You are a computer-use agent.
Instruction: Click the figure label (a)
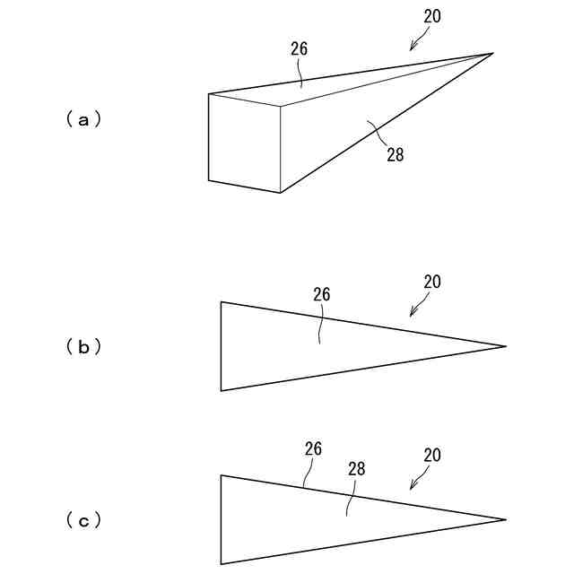(83, 118)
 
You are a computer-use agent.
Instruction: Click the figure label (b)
(83, 347)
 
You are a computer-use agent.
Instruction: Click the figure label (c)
(83, 520)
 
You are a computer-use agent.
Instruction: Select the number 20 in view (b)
(432, 282)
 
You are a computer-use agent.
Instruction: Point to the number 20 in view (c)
(432, 456)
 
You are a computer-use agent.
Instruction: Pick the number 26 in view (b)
(322, 294)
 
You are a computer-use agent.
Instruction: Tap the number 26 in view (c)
(313, 448)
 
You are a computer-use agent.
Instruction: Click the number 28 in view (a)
(396, 154)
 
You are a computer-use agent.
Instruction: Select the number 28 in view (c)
(356, 468)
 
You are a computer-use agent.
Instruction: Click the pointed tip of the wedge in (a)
(492, 54)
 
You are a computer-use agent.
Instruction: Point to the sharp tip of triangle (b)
(506, 346)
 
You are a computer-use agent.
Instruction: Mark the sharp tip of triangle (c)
(506, 519)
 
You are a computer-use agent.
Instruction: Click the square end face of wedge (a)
(244, 143)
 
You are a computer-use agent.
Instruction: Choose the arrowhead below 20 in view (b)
(412, 314)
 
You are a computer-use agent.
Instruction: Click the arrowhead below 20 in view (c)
(412, 487)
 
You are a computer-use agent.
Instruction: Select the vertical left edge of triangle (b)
(222, 346)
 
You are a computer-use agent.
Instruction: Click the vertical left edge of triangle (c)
(222, 520)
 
